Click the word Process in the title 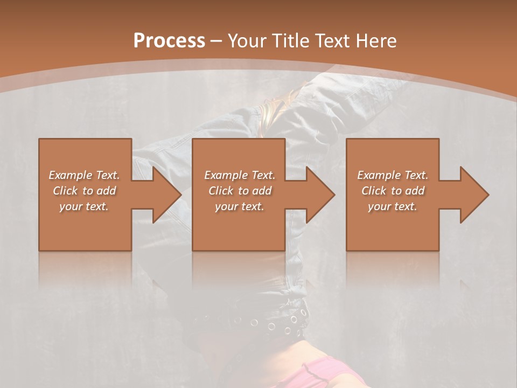point(169,41)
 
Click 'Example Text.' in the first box point(84,175)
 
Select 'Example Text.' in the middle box point(239,175)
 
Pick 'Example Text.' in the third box point(393,175)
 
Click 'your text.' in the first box point(84,206)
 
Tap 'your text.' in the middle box point(239,206)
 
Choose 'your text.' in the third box point(393,206)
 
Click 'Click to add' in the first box point(84,191)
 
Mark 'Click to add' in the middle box point(239,191)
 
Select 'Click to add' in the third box point(393,191)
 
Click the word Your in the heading point(246,41)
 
